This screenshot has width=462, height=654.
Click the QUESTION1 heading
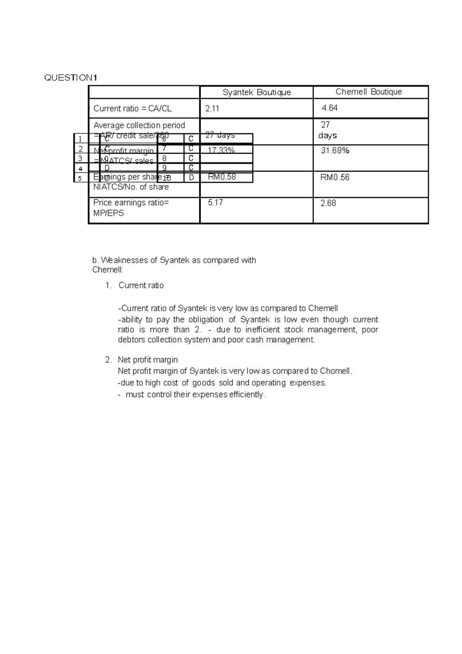(71, 78)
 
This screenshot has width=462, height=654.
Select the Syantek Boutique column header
(257, 92)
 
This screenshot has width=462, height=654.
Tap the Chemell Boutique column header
(368, 92)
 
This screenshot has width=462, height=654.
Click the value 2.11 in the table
(212, 109)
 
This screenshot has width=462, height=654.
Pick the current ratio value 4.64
(330, 108)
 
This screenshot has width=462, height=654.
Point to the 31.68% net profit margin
(335, 151)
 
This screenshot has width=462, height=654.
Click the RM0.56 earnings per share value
(335, 178)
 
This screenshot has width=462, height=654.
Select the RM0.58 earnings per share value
(222, 177)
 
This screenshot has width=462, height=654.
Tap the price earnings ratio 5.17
(215, 203)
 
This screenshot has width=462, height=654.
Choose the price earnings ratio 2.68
(328, 203)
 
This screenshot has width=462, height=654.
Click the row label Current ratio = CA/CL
(132, 109)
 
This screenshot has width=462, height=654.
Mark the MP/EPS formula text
(109, 213)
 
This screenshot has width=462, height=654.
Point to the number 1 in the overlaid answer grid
(80, 139)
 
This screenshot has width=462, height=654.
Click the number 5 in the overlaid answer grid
(80, 178)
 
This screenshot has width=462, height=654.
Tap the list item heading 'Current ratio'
(141, 285)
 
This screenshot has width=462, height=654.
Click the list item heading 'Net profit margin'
(148, 360)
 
